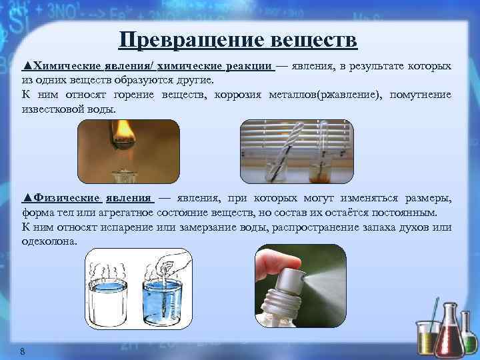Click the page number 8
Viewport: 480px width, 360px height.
pos(23,351)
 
